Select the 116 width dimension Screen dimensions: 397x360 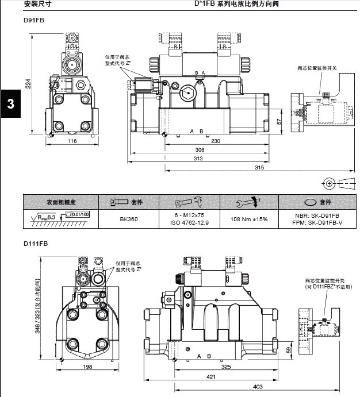[72, 141]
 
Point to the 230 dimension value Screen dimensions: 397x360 [215, 141]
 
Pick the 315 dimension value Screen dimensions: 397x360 [259, 168]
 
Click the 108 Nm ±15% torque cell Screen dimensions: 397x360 [248, 219]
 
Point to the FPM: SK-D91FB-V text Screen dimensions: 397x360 [317, 222]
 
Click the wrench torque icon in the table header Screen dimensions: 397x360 [249, 202]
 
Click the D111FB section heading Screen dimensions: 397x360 [35, 244]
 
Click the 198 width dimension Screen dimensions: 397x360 [87, 366]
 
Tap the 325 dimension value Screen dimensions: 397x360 [226, 366]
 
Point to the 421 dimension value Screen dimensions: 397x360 [212, 376]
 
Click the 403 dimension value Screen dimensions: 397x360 [258, 386]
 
